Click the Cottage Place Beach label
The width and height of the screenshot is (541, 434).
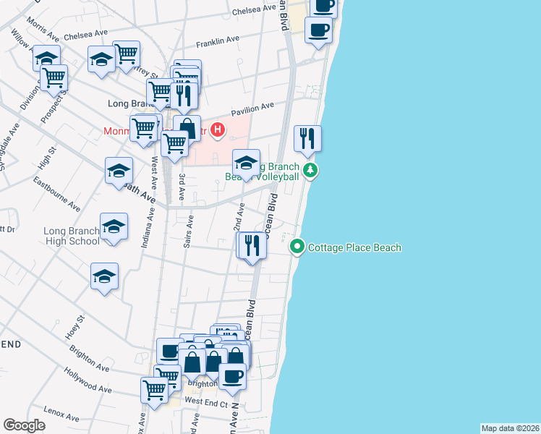pos(354,248)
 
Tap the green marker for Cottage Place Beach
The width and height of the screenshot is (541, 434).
pos(297,247)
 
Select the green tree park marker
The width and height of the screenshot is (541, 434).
pos(310,171)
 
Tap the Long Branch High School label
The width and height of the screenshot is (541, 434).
pos(71,237)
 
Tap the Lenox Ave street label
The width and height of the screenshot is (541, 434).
pos(60,413)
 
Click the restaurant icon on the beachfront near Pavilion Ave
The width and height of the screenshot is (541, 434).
pos(307,138)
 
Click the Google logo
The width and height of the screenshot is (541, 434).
pos(24,425)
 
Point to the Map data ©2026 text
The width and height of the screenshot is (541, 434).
pos(510,428)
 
